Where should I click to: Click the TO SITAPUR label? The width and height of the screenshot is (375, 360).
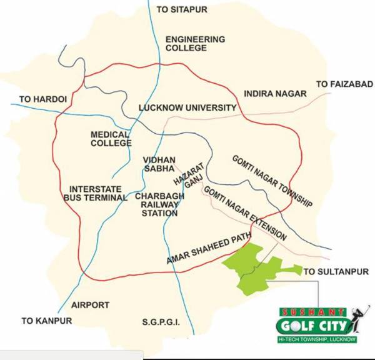point(182,10)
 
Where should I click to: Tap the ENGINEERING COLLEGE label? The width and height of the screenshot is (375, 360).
point(195,44)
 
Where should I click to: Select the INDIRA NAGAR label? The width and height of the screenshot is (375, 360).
point(276,94)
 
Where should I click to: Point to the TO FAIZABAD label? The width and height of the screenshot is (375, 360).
point(344,84)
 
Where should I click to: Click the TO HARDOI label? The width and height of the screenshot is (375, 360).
point(42,99)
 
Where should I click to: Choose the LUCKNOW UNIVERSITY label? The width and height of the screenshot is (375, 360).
point(187,107)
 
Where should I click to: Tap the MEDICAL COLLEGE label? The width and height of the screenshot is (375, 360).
point(111,139)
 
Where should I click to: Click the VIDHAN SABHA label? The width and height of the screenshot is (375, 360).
point(159,164)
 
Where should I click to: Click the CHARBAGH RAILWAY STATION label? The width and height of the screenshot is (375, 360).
point(157,204)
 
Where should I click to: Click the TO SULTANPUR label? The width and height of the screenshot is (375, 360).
point(336,272)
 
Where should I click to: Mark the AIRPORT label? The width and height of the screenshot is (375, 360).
point(90,305)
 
